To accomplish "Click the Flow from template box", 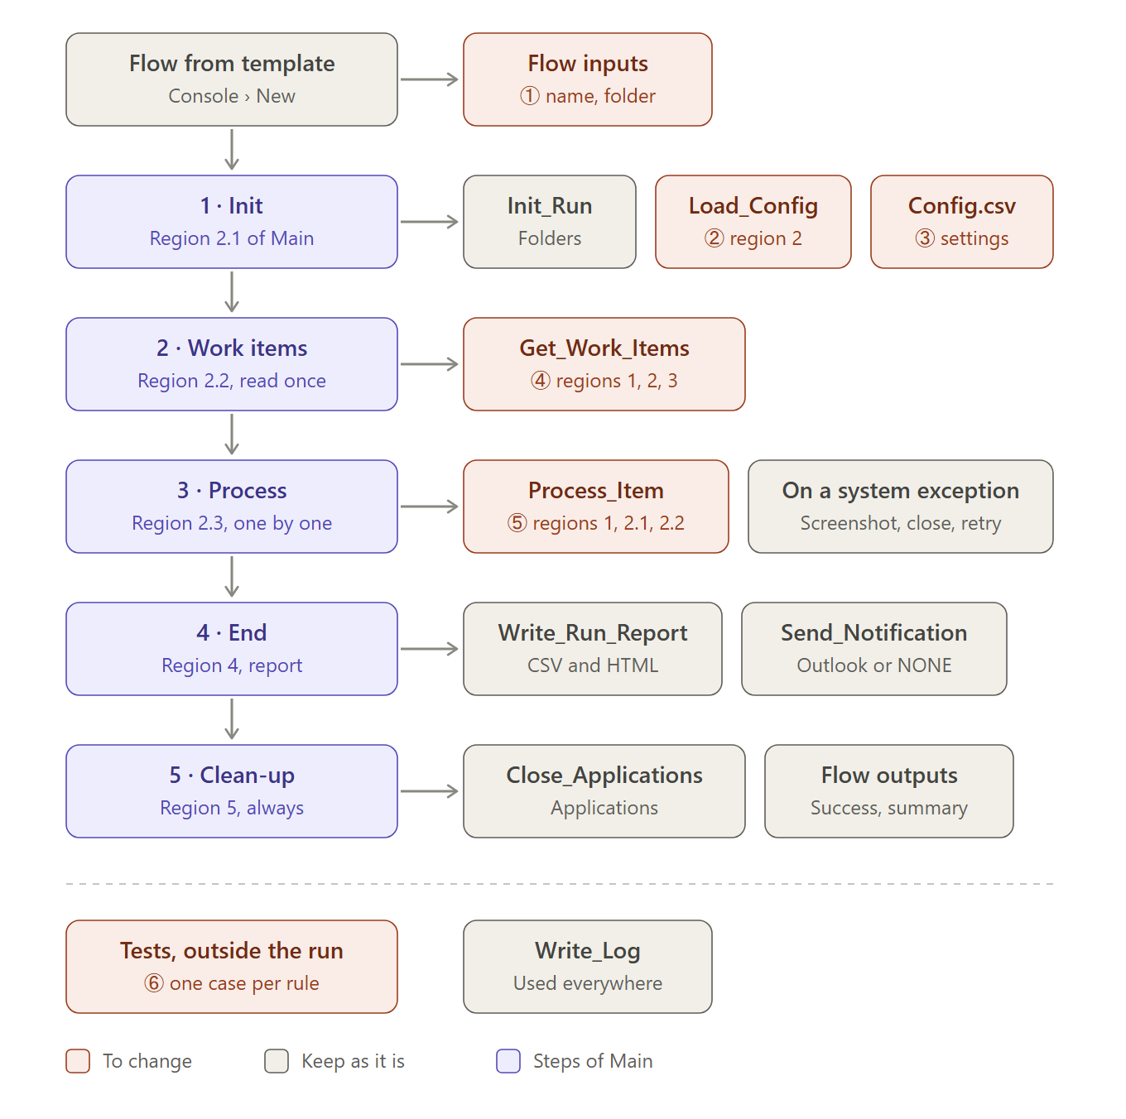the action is pos(231,79).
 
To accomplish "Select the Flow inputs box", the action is pos(587,79).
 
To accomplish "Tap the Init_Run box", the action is pos(549,222).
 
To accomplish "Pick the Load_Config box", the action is pos(753,222).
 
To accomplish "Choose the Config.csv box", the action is pos(961,222).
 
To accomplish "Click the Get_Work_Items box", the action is pos(604,364).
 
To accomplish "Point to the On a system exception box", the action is pos(901,506).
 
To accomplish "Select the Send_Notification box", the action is pos(874,649).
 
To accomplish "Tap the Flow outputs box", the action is pos(888,790).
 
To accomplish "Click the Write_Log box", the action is pos(587,967).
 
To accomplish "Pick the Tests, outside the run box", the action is pos(231,967).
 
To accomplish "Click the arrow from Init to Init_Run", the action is pos(430,222).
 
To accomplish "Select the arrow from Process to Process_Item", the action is pos(430,506).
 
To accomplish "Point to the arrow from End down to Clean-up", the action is pos(232,719).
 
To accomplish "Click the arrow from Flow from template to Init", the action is pos(232,150).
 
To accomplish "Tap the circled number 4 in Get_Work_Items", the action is pos(541,381).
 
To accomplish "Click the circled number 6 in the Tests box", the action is pos(154,983).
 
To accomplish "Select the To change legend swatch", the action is pos(78,1060).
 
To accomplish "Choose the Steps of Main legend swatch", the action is pos(508,1060).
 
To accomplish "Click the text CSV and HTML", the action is pos(593,665).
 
